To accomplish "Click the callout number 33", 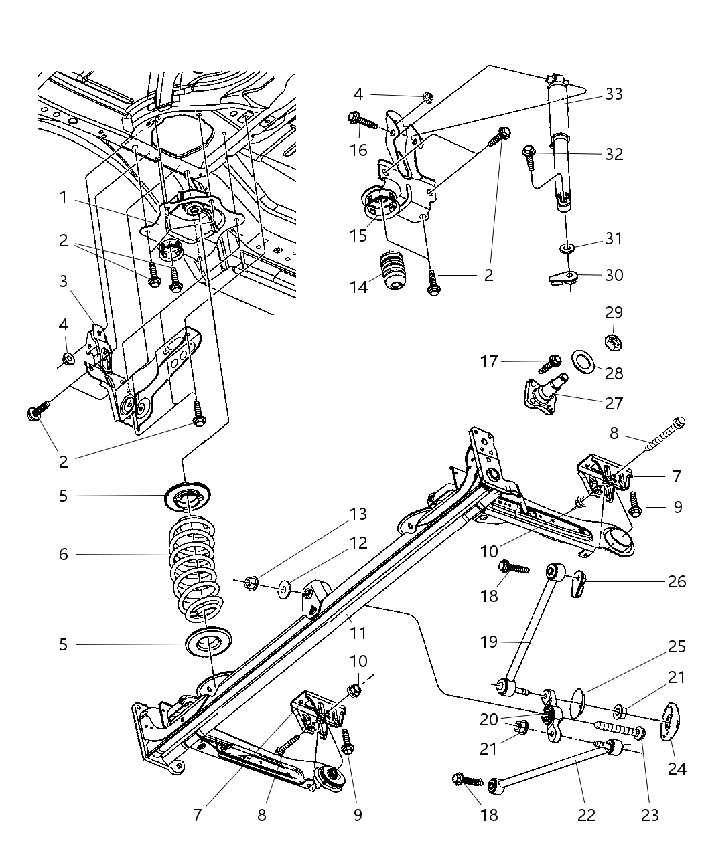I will click(x=614, y=94).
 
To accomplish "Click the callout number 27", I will click(x=614, y=403).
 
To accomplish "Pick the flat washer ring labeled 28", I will click(x=583, y=363).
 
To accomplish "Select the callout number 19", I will click(x=489, y=642).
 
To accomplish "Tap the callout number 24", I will click(x=677, y=769).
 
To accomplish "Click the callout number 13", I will click(x=358, y=514).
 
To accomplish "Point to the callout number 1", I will click(x=63, y=197).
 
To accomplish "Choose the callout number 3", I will click(x=63, y=281).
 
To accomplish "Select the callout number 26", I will click(x=677, y=581).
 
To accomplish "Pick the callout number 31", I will click(x=614, y=239).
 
